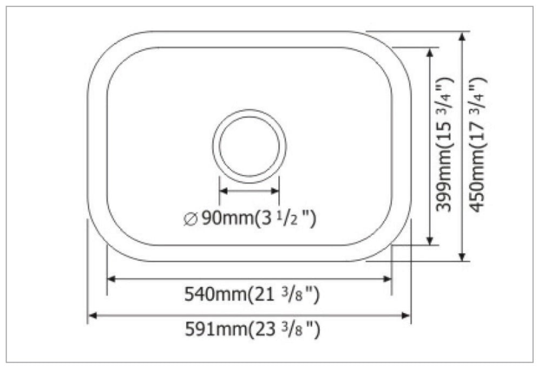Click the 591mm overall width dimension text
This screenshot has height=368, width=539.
click(252, 329)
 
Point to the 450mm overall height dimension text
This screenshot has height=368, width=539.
click(478, 146)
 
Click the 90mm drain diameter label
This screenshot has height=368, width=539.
click(249, 219)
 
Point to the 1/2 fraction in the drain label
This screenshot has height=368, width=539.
click(289, 219)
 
